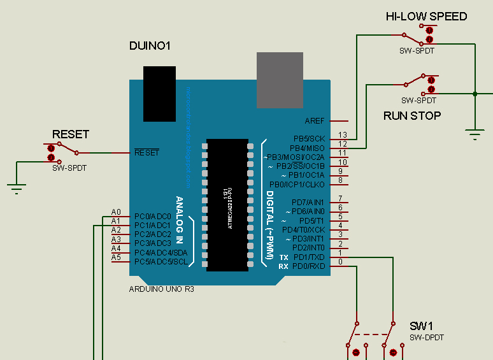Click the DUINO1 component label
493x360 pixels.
pos(150,46)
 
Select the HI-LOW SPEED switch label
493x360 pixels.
pos(426,17)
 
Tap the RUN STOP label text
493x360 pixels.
pos(412,115)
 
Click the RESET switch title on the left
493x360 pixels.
pos(70,134)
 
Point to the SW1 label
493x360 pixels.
pos(422,326)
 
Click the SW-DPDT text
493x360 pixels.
pos(426,337)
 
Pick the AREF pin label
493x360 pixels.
pos(315,121)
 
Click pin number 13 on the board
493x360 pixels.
pos(343,135)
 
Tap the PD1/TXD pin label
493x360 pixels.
pos(308,257)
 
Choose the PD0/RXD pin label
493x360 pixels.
pos(308,266)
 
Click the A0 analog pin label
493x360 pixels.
pos(116,212)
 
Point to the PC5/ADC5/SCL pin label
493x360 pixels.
pos(161,261)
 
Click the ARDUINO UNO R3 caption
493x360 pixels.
pos(161,289)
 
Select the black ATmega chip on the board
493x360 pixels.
pos(227,204)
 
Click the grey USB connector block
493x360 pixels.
pos(280,80)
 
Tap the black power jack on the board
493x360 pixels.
pos(159,93)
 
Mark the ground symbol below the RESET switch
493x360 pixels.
pos(17,186)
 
